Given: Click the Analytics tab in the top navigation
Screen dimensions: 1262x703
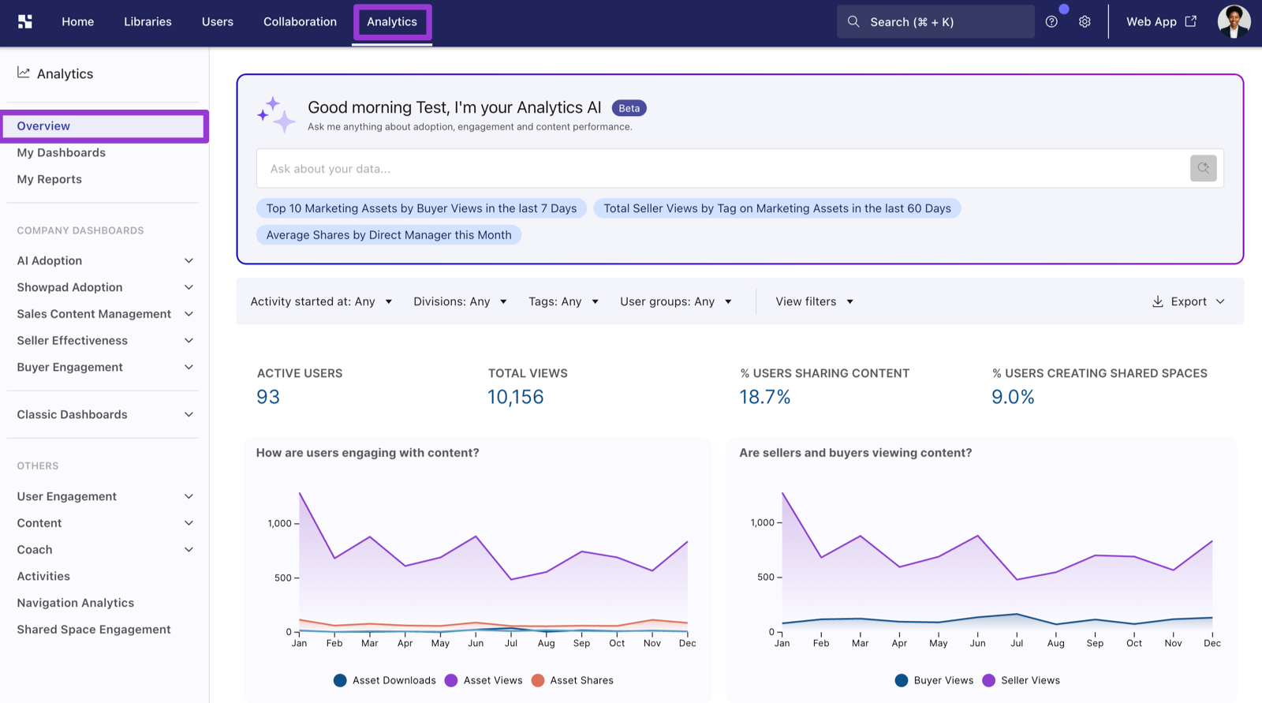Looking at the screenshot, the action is pyautogui.click(x=392, y=22).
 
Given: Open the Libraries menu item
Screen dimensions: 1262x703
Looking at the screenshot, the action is pyautogui.click(x=147, y=22).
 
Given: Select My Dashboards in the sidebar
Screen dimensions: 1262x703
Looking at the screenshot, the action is pyautogui.click(x=61, y=153).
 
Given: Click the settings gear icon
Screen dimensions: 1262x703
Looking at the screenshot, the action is pyautogui.click(x=1085, y=22).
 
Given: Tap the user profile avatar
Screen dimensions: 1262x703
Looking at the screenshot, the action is pyautogui.click(x=1234, y=22).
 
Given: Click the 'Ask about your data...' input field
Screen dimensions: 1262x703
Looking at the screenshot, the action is pyautogui.click(x=721, y=169).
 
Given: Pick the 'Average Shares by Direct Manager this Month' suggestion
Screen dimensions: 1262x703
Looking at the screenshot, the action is pyautogui.click(x=389, y=235).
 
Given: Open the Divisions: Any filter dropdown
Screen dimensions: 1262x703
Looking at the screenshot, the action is pyautogui.click(x=460, y=301).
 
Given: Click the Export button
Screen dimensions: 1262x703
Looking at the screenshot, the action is pyautogui.click(x=1188, y=301).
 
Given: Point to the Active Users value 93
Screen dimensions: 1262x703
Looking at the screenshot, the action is pyautogui.click(x=268, y=397).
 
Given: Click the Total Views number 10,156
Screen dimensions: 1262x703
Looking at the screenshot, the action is pyautogui.click(x=516, y=397).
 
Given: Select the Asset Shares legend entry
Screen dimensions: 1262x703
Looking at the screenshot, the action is pyautogui.click(x=573, y=680).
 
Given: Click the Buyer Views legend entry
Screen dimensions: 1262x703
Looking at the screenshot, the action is pyautogui.click(x=934, y=680).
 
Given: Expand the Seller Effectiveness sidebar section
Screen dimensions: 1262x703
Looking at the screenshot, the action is pyautogui.click(x=105, y=341).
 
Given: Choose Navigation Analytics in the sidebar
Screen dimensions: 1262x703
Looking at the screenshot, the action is pyautogui.click(x=76, y=603).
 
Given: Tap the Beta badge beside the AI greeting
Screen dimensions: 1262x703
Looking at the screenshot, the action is pyautogui.click(x=629, y=108).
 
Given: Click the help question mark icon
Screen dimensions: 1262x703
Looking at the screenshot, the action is pyautogui.click(x=1051, y=22).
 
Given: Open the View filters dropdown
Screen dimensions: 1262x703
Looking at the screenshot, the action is pyautogui.click(x=814, y=301).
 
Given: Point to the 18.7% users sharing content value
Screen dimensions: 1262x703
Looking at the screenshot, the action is pyautogui.click(x=764, y=397).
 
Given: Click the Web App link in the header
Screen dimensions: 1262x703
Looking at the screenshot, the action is pyautogui.click(x=1160, y=22).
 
